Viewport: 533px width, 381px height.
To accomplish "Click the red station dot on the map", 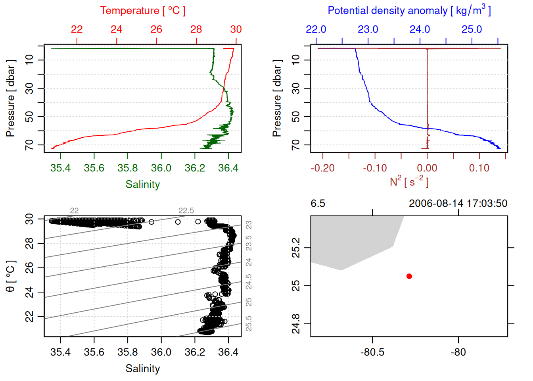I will (x=409, y=276).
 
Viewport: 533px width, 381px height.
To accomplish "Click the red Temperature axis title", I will (x=142, y=11).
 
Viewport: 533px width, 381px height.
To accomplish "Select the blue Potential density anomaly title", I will (x=409, y=11).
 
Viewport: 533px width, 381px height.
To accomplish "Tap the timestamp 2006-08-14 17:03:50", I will (x=458, y=204).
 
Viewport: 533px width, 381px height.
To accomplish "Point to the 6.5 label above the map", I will (x=318, y=204).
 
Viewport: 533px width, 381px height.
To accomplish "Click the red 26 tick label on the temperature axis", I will (x=156, y=29).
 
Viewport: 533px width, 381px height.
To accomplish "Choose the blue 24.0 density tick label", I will (x=420, y=29).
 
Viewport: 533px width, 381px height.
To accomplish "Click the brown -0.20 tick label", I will (x=322, y=168).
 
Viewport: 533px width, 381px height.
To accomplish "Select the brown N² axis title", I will (x=409, y=182).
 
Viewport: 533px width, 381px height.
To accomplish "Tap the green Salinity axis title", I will (x=142, y=185).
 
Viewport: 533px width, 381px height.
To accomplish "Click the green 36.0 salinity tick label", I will (x=161, y=168).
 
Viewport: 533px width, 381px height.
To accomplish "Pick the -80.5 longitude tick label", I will (x=372, y=352).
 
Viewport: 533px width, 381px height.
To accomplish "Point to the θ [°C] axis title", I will (x=11, y=276).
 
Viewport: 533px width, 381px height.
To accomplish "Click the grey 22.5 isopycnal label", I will (x=186, y=211).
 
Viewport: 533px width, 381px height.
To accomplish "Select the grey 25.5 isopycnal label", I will (x=249, y=323).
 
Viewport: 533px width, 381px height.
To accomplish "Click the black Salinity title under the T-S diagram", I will (x=142, y=369).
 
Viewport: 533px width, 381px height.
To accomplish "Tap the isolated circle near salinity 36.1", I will (x=178, y=222).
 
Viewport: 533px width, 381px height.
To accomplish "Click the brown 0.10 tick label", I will (x=479, y=168).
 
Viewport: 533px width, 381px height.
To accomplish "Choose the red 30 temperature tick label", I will (x=236, y=29).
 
